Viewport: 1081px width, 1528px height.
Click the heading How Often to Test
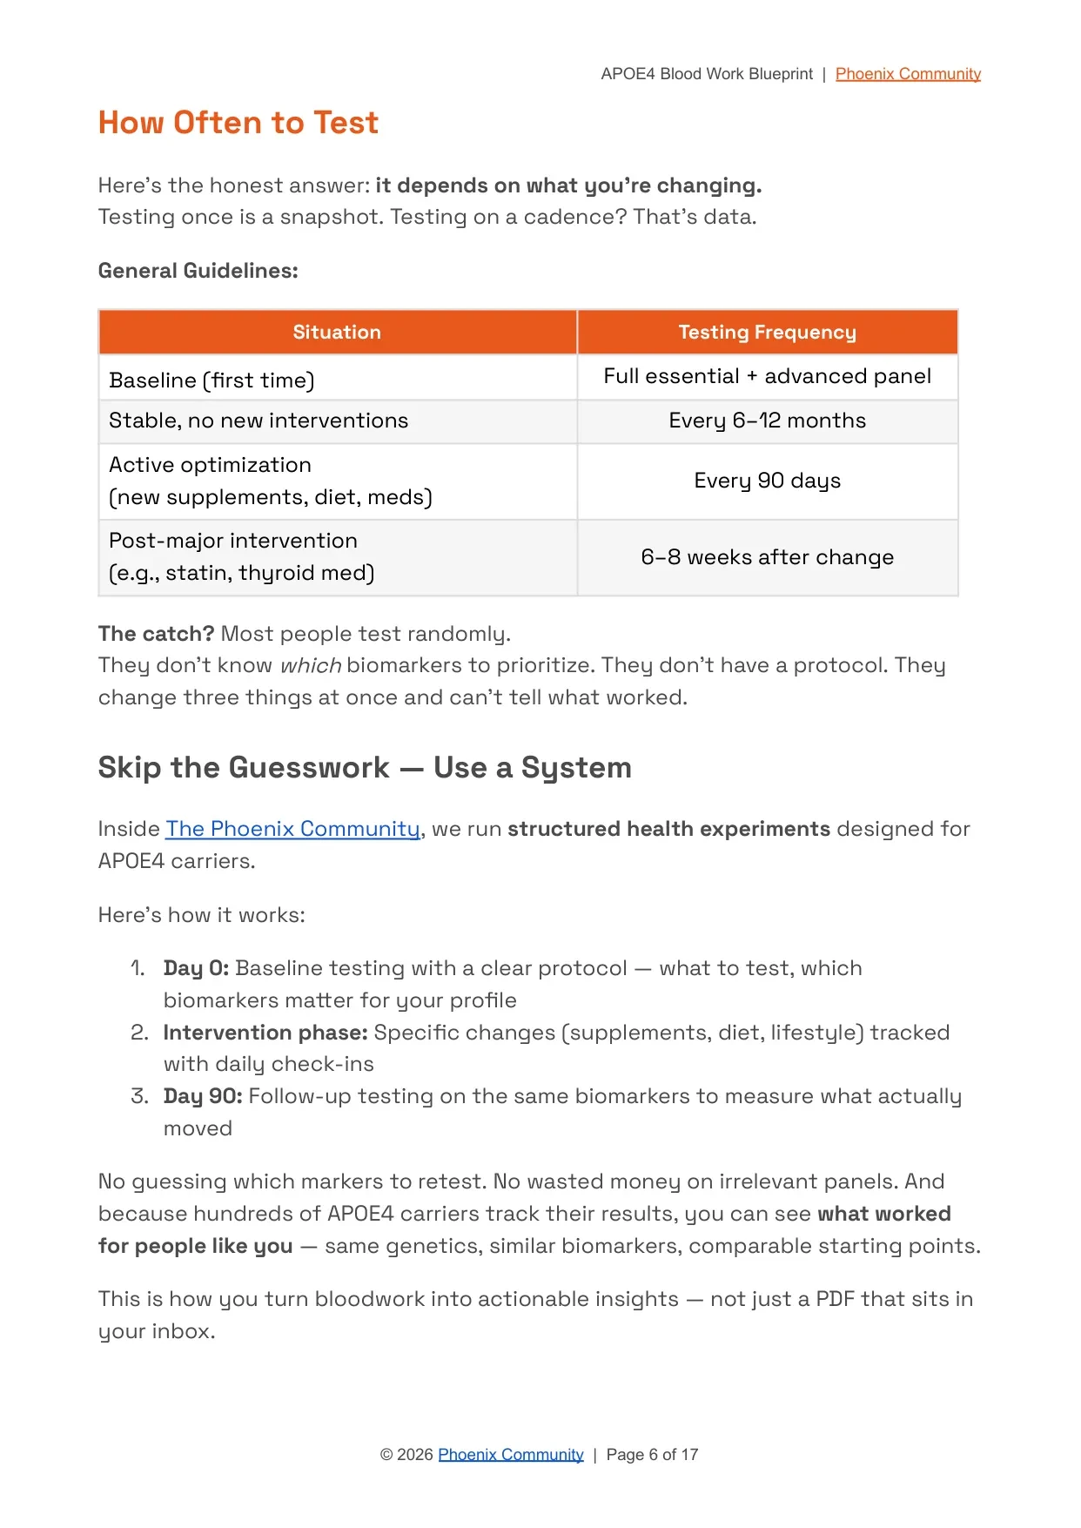[x=238, y=123]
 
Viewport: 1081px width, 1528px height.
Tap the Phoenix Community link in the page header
[x=908, y=74]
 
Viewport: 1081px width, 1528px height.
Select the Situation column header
[x=337, y=332]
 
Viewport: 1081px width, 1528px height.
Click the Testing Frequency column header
[x=767, y=332]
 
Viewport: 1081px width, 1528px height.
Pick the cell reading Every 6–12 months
[x=767, y=421]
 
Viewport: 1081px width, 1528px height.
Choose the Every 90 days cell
[x=767, y=481]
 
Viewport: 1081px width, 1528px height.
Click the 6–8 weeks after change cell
[x=767, y=557]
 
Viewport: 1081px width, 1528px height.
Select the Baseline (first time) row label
[x=211, y=380]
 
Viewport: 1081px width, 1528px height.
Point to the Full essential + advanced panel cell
[x=767, y=376]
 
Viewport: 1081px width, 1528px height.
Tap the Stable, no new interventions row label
[x=258, y=421]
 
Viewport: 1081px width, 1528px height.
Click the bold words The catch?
[x=156, y=634]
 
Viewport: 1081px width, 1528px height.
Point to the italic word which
[x=310, y=666]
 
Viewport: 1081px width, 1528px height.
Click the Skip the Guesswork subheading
[x=364, y=768]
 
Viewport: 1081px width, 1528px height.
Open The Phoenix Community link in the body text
[x=292, y=829]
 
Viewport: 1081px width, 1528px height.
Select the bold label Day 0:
[x=196, y=968]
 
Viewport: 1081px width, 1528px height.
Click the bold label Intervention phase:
[x=265, y=1033]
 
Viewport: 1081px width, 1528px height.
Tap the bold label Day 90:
[x=203, y=1096]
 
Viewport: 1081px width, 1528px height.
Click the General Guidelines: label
[x=198, y=271]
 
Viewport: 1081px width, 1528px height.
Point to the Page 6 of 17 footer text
[x=652, y=1455]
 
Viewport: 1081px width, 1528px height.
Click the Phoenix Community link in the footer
[x=511, y=1455]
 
